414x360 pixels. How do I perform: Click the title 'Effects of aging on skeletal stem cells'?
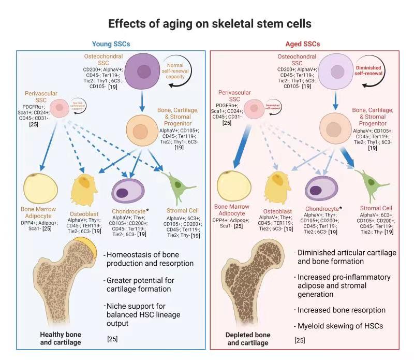point(207,24)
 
